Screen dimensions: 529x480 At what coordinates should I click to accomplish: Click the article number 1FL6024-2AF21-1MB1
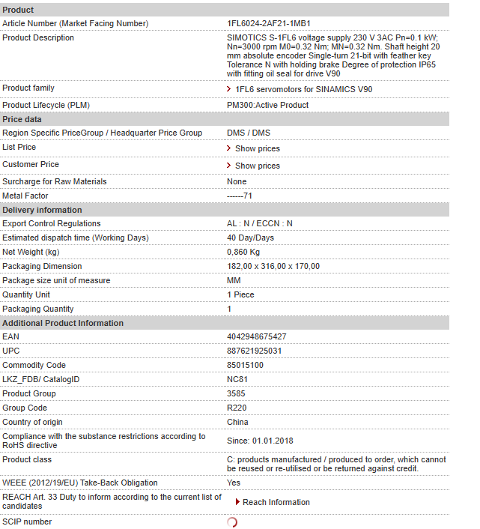pos(268,23)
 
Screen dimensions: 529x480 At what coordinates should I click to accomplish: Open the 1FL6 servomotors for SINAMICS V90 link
pos(303,89)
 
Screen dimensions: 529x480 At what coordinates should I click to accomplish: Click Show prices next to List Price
pos(257,148)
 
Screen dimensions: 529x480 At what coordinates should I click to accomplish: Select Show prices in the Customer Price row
pos(257,166)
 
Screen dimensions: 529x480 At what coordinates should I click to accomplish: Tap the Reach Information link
pos(276,502)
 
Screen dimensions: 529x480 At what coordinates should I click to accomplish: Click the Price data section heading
pos(22,119)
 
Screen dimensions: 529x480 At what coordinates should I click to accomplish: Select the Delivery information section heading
pos(42,210)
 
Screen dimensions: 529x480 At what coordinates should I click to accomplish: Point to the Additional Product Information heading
pos(63,323)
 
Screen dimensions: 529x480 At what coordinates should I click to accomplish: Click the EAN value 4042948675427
pos(256,337)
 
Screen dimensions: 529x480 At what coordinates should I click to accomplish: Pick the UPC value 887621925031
pos(254,351)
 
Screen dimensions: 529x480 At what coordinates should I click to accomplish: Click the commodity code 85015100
pos(245,365)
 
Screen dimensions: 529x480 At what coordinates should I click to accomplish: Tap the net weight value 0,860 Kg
pos(243,252)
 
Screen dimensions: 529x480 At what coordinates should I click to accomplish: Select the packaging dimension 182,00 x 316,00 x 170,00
pos(273,266)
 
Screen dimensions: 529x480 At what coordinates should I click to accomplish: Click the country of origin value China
pos(237,422)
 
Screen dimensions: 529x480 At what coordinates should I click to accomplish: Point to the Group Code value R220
pos(237,408)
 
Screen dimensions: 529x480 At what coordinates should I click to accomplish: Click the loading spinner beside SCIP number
pos(232,522)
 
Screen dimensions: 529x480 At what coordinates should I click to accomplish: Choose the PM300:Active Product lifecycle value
pos(267,105)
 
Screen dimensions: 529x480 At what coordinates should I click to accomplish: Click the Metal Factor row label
pos(25,196)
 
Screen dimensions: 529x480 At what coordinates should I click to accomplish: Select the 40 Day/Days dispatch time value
pos(250,238)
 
